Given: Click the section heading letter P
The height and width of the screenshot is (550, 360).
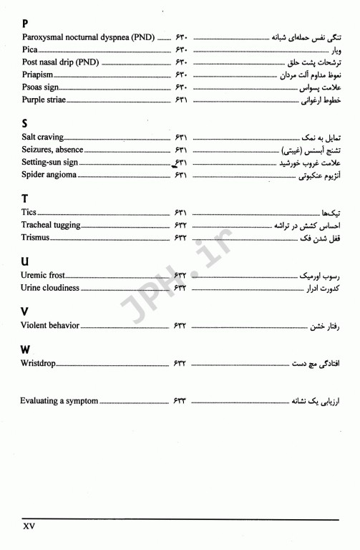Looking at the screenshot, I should tap(25, 23).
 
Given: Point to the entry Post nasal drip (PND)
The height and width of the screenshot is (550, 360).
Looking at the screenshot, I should tap(61, 62).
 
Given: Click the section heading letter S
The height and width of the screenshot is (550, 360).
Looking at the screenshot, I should tap(25, 123).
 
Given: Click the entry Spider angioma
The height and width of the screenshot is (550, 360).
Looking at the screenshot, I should tap(49, 175).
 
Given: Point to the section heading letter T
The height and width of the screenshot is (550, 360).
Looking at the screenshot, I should tap(25, 198).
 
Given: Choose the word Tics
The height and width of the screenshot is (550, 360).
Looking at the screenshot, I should tap(29, 213).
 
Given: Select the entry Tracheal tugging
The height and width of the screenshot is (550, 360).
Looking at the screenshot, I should tap(51, 225).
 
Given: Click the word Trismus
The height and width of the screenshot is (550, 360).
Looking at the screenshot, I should tap(37, 237).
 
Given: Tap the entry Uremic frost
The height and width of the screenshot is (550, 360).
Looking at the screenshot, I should tap(44, 275).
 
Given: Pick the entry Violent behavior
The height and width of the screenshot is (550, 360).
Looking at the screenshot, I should tap(50, 326).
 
